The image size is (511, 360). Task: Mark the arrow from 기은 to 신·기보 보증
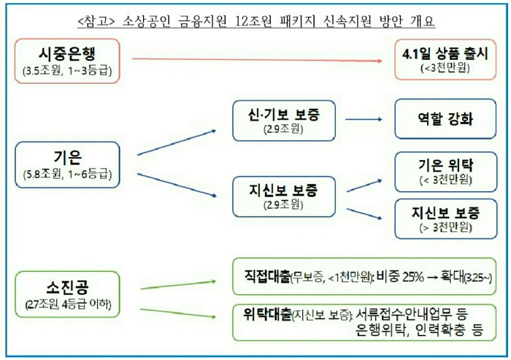pyautogui.click(x=177, y=142)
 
